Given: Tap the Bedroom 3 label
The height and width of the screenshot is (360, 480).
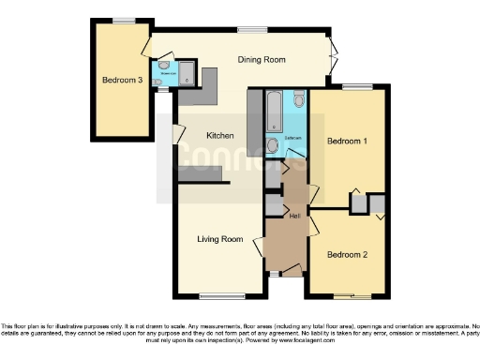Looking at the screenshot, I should (x=122, y=81).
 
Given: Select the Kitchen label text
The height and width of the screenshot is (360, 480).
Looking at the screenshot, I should (x=220, y=136).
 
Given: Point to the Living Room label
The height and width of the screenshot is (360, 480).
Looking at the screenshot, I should (x=220, y=239).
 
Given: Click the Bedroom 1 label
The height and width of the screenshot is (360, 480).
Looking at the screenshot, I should (x=346, y=141).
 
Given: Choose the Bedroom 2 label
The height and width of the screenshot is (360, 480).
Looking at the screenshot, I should (x=346, y=254).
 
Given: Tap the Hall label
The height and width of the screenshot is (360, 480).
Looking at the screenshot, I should (x=294, y=217).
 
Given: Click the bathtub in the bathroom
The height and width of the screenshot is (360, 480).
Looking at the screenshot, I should (x=275, y=112).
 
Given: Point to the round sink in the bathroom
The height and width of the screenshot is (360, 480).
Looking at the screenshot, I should (x=272, y=145).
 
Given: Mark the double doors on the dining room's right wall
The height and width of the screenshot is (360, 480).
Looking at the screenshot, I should (x=331, y=56).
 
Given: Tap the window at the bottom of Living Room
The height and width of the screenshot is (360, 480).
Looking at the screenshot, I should (x=215, y=296).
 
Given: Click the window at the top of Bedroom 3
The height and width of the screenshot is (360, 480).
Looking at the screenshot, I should (x=123, y=20).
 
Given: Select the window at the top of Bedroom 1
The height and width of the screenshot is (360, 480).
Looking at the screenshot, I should (x=355, y=87).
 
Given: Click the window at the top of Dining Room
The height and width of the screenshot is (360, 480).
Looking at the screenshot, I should (x=251, y=30).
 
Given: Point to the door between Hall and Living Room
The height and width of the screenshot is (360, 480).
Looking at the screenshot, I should (x=259, y=246).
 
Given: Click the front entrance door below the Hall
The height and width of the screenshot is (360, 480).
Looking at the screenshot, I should (x=291, y=271).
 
